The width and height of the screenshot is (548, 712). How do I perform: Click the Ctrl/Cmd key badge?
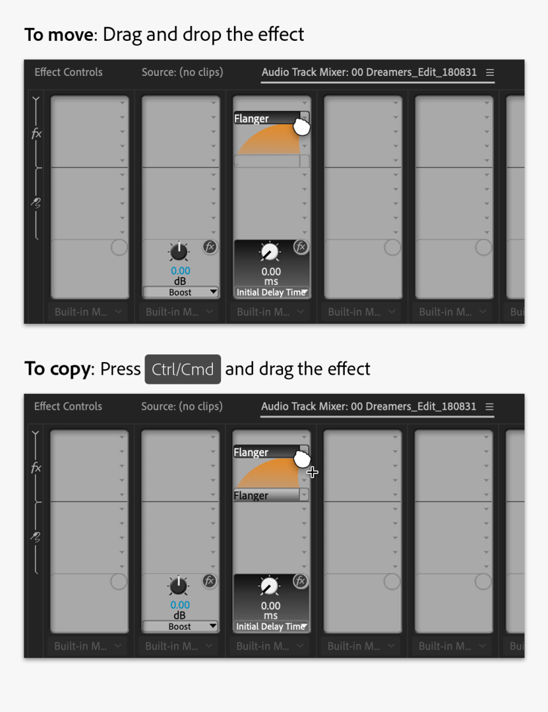tap(182, 370)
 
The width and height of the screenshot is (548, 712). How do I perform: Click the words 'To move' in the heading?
tap(59, 34)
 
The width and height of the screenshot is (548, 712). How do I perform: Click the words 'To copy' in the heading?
tap(57, 369)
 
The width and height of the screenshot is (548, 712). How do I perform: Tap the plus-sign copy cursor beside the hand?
tap(312, 472)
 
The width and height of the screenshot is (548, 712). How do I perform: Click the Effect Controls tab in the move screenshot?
tap(68, 72)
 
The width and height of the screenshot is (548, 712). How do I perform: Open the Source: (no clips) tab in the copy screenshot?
tap(182, 406)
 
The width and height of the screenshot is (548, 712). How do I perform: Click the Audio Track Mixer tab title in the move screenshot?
tap(369, 72)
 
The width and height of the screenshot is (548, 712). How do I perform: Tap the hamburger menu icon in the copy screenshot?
tap(489, 407)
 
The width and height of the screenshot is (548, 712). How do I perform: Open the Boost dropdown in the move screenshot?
tap(180, 292)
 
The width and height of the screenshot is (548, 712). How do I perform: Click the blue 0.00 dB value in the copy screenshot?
tap(180, 605)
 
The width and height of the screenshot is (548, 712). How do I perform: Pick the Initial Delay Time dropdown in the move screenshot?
tap(271, 293)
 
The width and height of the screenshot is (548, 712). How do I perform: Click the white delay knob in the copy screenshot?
tap(270, 586)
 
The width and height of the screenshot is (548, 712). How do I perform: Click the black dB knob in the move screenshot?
tap(179, 252)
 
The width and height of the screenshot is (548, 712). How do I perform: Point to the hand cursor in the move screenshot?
tap(301, 127)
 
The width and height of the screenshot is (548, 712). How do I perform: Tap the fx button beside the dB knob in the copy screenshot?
tap(209, 581)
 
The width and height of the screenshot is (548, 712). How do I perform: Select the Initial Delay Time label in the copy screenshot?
tap(270, 627)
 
